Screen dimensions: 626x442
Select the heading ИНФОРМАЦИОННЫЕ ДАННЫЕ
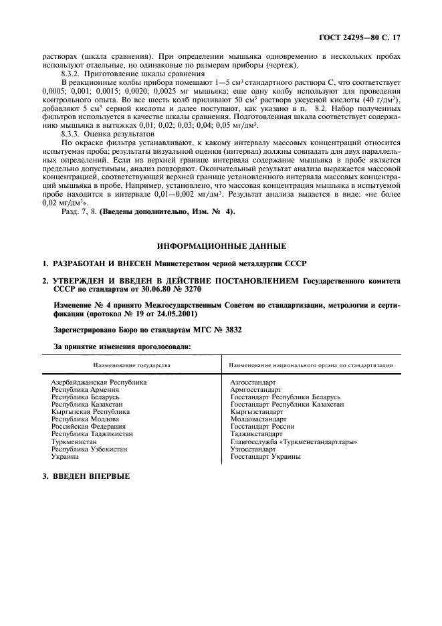click(221, 245)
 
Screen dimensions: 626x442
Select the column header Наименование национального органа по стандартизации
click(310, 365)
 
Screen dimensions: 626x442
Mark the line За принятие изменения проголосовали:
click(122, 346)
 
